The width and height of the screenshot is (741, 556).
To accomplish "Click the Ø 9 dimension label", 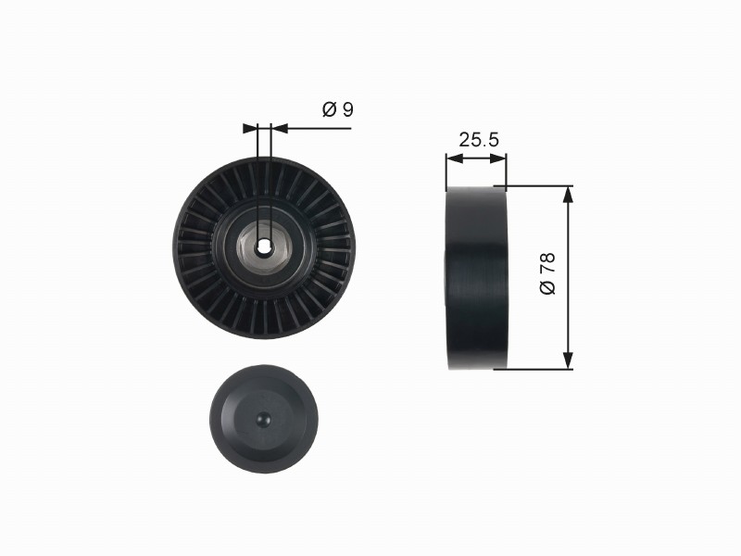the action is click(338, 109).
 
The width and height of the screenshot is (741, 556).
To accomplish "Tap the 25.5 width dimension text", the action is click(479, 140).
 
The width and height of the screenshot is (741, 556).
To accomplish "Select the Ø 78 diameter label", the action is click(547, 273).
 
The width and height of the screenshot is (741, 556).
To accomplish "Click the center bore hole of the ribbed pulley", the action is click(263, 246).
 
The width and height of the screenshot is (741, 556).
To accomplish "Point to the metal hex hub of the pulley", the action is click(263, 246).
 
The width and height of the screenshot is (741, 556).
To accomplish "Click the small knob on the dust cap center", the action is click(263, 419).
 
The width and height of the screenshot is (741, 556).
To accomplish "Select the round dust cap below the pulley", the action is click(264, 419).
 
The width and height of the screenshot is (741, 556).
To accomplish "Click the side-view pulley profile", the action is click(476, 277).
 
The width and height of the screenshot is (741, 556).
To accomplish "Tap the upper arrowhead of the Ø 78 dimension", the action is click(569, 194).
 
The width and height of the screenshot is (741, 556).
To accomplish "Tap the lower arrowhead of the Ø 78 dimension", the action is click(569, 360).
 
